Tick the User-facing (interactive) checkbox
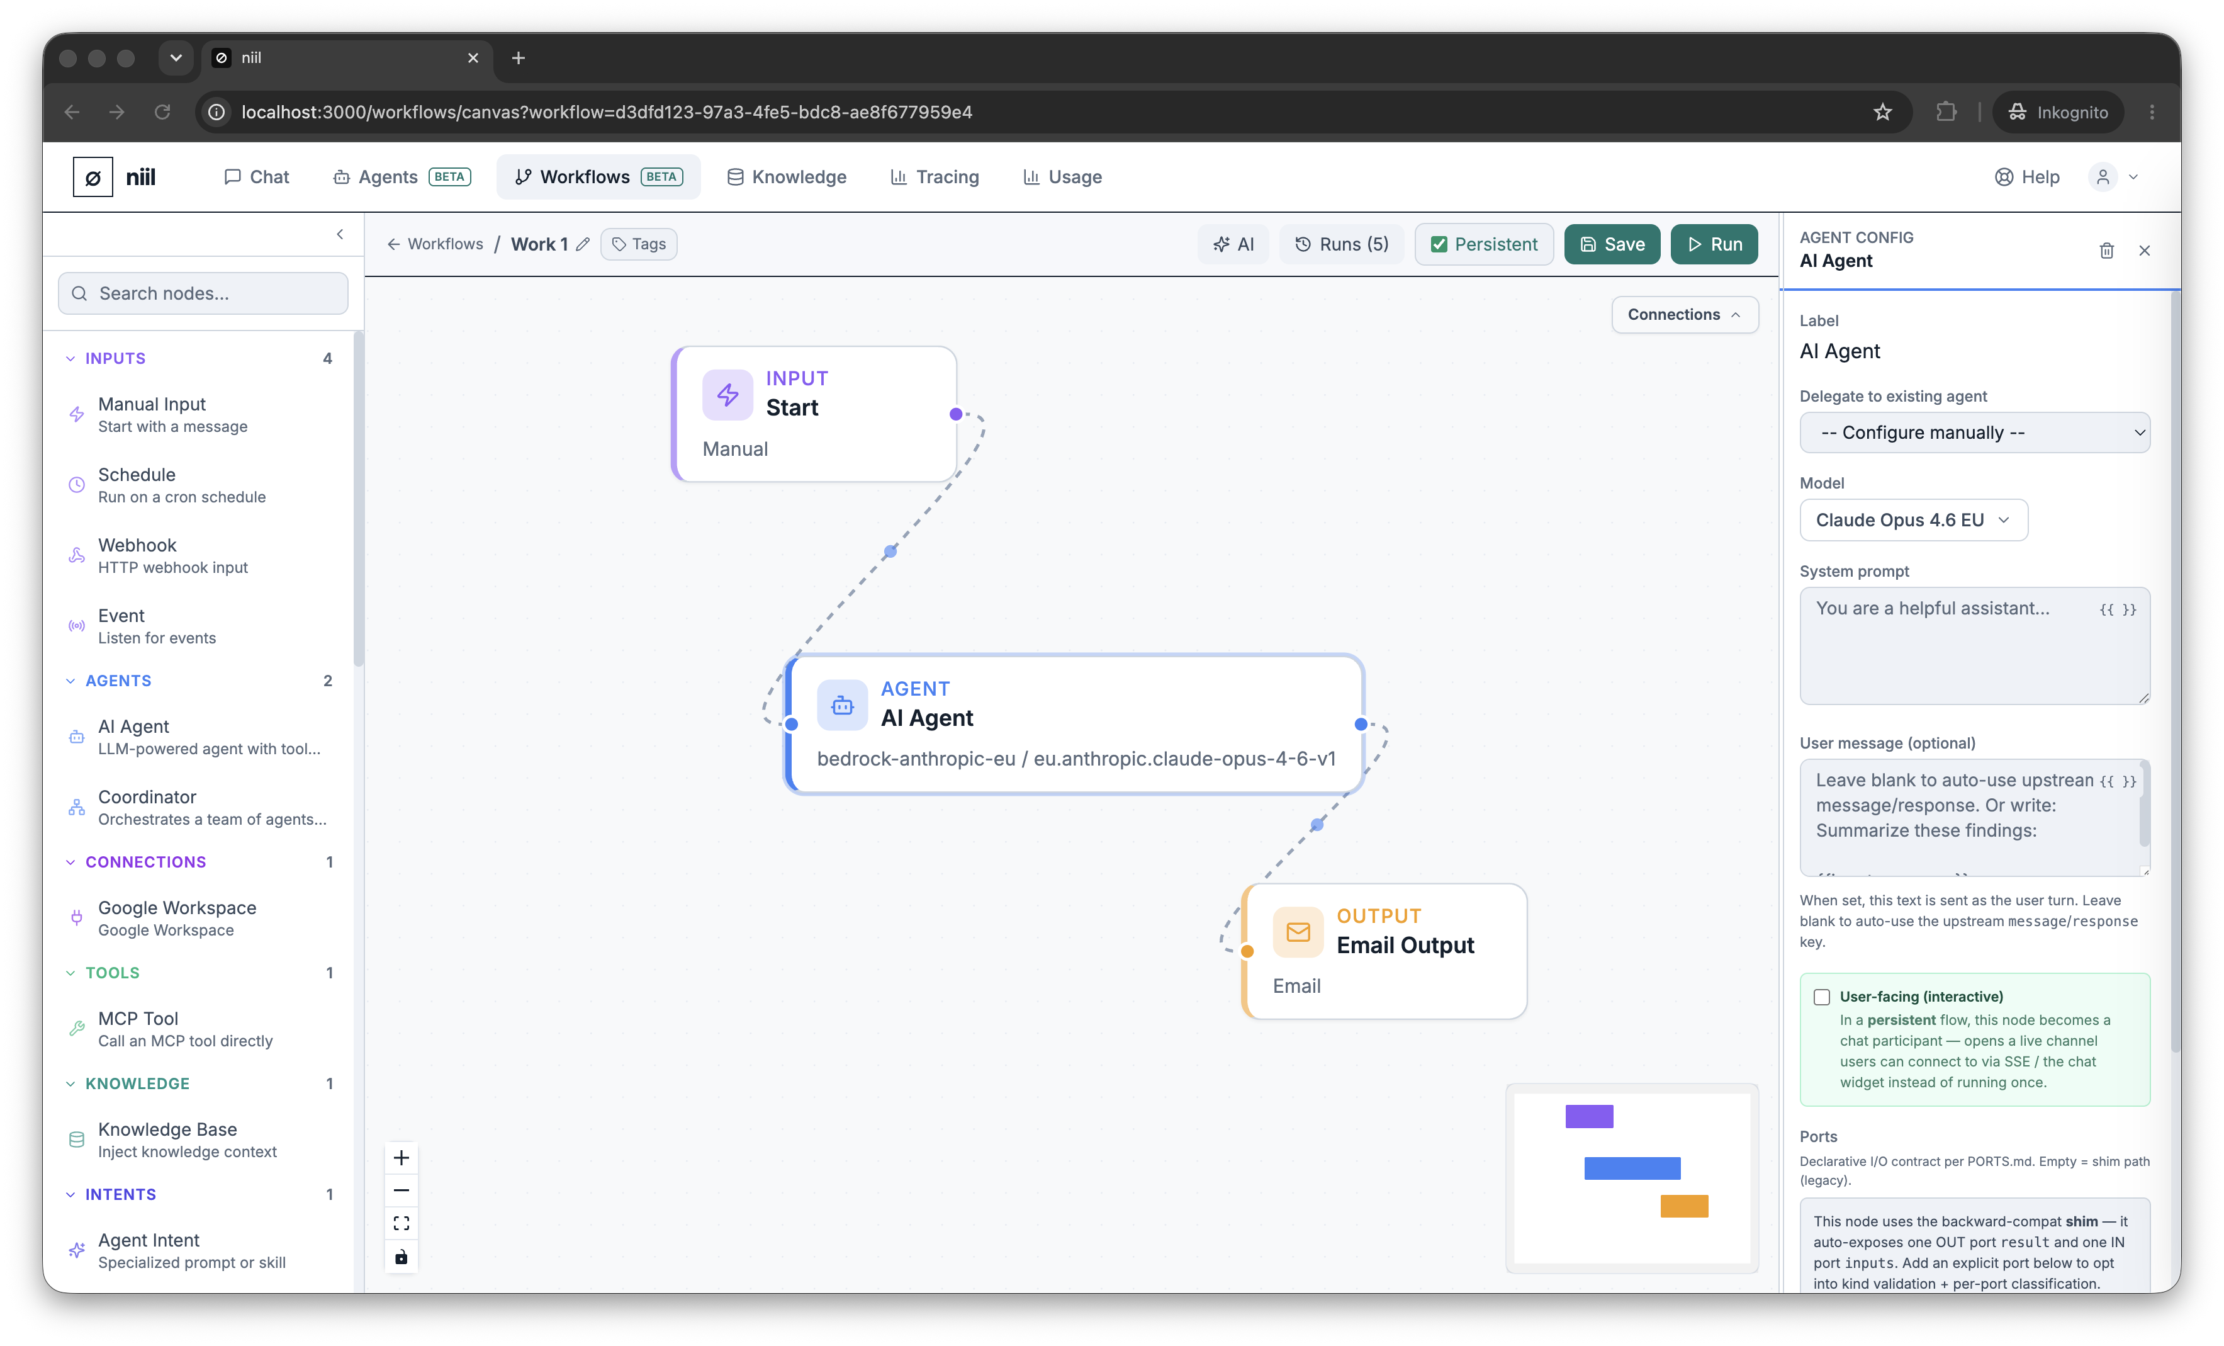click(1821, 997)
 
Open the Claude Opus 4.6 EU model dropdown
click(1912, 520)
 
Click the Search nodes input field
click(203, 293)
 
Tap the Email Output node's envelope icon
click(1298, 932)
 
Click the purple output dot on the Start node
click(956, 414)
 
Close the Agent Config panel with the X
click(2145, 250)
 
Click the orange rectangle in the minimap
click(1684, 1206)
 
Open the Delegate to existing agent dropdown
click(1974, 433)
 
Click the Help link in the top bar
click(2026, 177)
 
